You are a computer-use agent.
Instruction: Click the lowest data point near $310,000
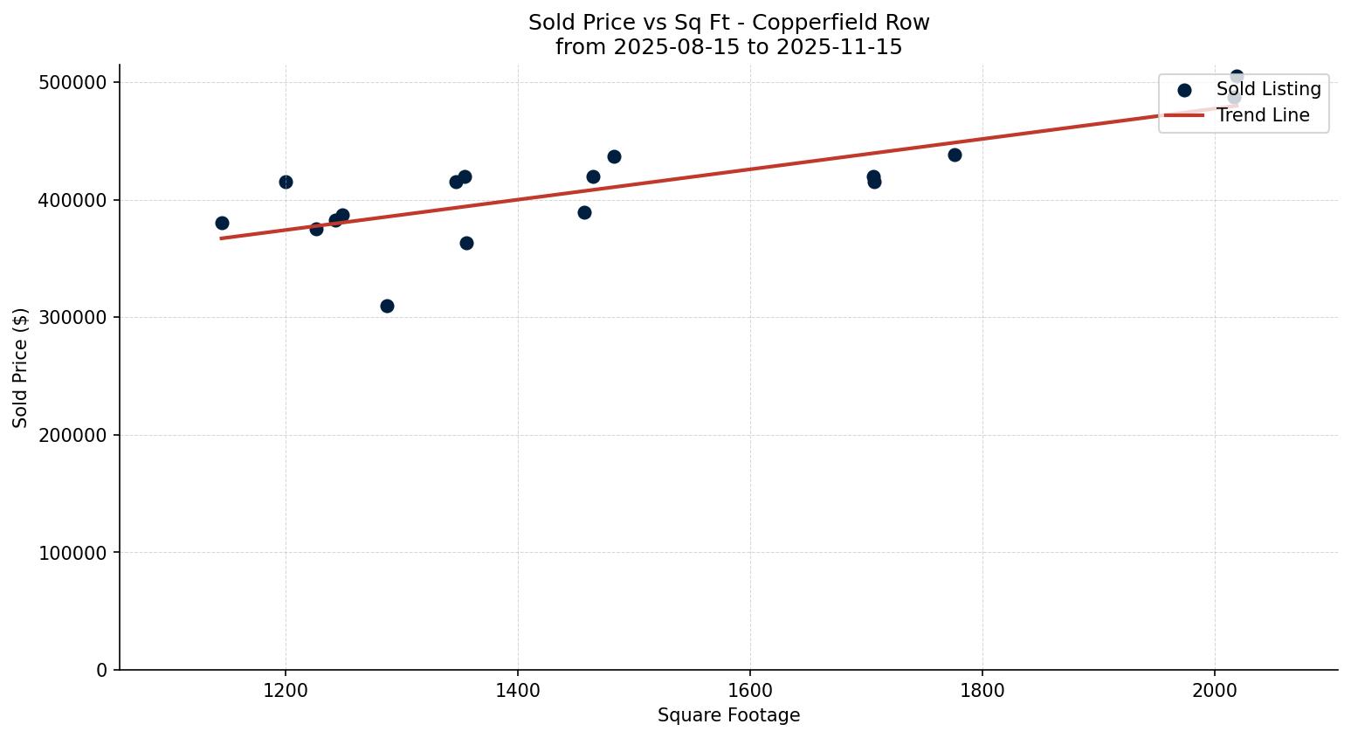tap(387, 306)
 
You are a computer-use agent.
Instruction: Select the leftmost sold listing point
tap(222, 223)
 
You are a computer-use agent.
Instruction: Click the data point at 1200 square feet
tap(286, 182)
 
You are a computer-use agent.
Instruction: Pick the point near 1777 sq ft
tap(955, 155)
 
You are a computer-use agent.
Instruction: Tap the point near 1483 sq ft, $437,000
tap(614, 156)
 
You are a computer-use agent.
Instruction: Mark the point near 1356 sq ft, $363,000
tap(466, 243)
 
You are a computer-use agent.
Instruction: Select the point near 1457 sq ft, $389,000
tap(584, 212)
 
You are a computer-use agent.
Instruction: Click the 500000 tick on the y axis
tap(72, 82)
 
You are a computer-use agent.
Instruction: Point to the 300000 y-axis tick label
tap(72, 317)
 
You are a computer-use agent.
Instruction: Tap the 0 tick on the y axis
tap(102, 670)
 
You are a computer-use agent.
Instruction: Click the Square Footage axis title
tap(728, 715)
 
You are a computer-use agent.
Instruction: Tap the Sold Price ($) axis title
tap(20, 367)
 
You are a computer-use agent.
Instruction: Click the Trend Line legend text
tap(1262, 115)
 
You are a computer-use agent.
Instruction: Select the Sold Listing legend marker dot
tap(1184, 90)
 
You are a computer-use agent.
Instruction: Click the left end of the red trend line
tap(222, 238)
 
